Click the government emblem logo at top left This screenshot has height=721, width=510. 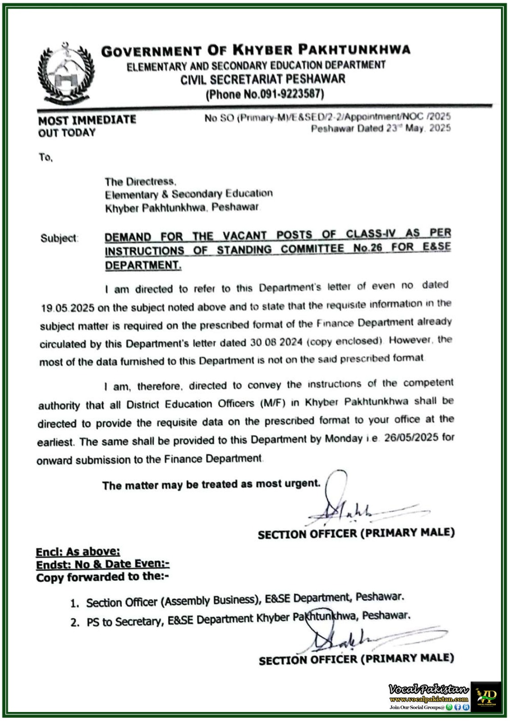point(65,72)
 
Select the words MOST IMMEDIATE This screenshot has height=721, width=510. point(87,120)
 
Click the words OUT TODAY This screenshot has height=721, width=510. point(67,133)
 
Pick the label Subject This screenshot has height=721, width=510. point(59,238)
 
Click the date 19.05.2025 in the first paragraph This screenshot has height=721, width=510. point(67,308)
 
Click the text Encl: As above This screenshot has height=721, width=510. point(78,551)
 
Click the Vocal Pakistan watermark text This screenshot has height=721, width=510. point(429,689)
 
